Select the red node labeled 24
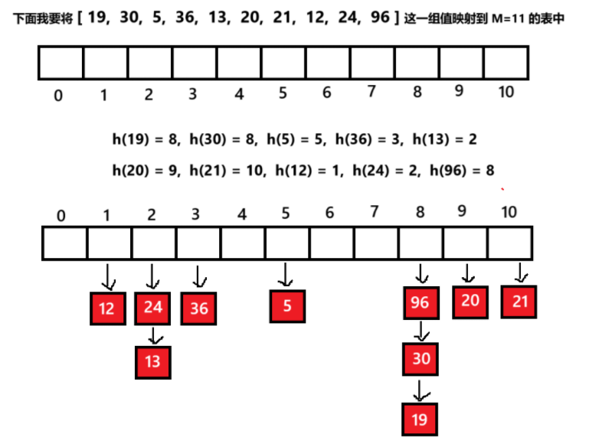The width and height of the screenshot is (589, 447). (x=152, y=308)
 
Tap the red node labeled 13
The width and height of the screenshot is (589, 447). (x=152, y=361)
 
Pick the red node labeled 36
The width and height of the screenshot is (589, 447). (x=198, y=308)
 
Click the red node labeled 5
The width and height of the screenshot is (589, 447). (x=287, y=306)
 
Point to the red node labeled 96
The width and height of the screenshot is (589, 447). (x=420, y=303)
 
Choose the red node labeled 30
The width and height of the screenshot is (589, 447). (x=420, y=358)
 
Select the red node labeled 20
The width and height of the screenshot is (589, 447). (x=470, y=301)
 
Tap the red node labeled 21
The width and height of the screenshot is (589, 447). (x=520, y=301)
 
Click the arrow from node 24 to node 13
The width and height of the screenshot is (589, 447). (x=153, y=335)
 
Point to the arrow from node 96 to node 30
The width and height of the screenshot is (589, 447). (x=420, y=331)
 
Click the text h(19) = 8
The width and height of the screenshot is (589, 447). (x=145, y=139)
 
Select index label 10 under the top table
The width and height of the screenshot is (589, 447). (x=506, y=93)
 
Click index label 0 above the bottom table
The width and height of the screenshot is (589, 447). (x=61, y=216)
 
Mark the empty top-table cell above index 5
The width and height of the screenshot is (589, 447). (x=283, y=63)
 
